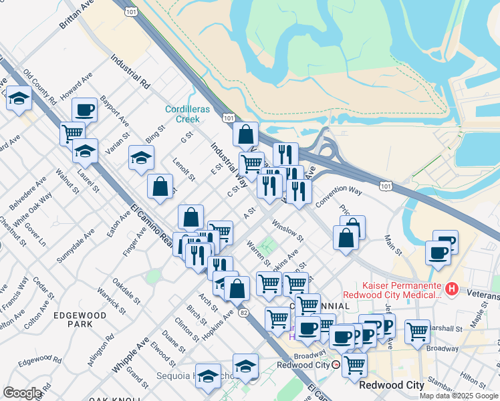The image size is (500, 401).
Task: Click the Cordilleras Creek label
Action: (x=182, y=114)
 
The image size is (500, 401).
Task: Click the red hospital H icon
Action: (x=452, y=289)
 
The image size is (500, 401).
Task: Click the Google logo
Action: (x=22, y=394)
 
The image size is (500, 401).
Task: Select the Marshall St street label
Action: (x=447, y=329)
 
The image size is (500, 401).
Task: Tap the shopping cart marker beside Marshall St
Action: (x=417, y=330)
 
